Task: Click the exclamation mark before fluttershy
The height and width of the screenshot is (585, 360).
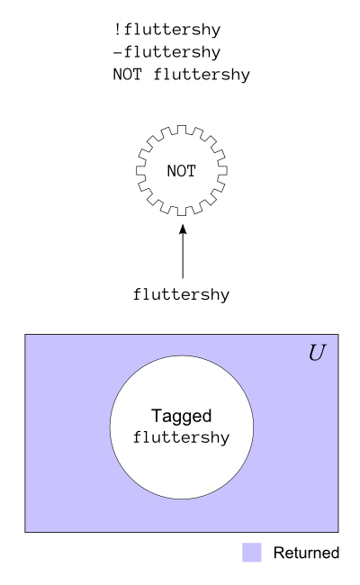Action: tap(117, 29)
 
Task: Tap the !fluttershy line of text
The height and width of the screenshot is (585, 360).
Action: tap(166, 30)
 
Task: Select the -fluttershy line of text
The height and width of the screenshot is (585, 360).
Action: tap(166, 52)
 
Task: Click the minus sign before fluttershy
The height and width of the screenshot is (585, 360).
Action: tap(118, 52)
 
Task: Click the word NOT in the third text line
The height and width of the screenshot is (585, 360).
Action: tap(128, 74)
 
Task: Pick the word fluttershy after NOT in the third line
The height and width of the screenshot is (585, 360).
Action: tap(202, 75)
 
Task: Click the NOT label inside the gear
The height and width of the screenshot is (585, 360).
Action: tap(181, 171)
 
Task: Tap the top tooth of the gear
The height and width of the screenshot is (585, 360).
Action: tap(182, 129)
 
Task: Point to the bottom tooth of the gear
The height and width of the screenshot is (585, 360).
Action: tap(182, 211)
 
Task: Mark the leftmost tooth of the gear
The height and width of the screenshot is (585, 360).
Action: tap(140, 170)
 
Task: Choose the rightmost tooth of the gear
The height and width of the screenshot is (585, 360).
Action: tap(222, 170)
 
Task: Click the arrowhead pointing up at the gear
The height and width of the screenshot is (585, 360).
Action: tap(183, 229)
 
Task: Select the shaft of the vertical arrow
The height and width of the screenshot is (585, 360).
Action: tap(183, 256)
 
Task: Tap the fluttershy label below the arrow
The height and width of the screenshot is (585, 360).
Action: tap(181, 294)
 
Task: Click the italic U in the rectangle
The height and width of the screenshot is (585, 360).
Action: tap(317, 353)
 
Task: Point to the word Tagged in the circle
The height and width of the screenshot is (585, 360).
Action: tap(181, 417)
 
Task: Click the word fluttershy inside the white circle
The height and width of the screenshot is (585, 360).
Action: tap(181, 437)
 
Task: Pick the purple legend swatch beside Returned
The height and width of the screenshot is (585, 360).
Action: tap(252, 553)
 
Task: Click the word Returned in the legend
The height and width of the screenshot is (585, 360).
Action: tap(306, 553)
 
